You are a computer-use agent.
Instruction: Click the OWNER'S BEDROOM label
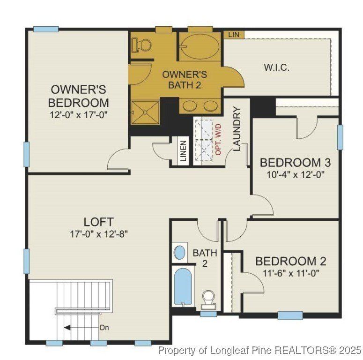point(78,96)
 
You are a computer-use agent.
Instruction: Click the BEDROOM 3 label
point(296,163)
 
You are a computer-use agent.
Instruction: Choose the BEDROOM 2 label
point(290,262)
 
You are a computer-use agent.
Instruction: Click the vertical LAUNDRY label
point(237,129)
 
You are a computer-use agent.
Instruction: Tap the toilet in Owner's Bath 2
point(142,45)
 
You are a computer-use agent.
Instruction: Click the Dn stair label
point(104,328)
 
